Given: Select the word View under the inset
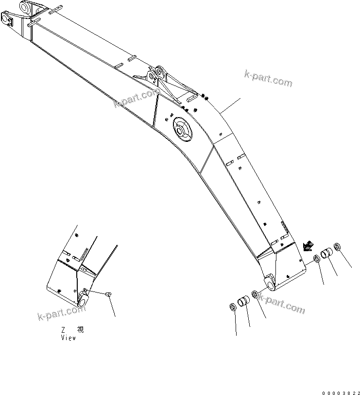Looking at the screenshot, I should pyautogui.click(x=68, y=338).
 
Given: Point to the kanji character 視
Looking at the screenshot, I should pyautogui.click(x=80, y=330).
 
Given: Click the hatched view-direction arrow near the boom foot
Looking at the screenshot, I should pyautogui.click(x=307, y=247).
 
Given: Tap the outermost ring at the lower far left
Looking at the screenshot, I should pyautogui.click(x=232, y=308).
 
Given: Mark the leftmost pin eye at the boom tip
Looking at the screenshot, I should pyautogui.click(x=7, y=20).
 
